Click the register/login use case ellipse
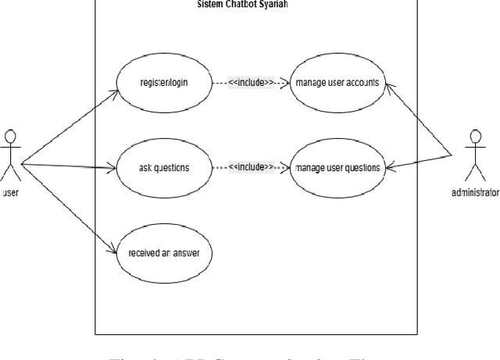tap(163, 82)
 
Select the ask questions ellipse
tap(163, 167)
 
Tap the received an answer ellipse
tap(163, 251)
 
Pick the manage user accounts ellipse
tap(337, 82)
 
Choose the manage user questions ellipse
tap(337, 167)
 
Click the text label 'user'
tap(10, 192)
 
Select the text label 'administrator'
tap(475, 192)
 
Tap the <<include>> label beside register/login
tap(251, 81)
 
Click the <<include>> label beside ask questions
tap(251, 166)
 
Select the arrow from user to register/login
tap(70, 126)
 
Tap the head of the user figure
tap(10, 135)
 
